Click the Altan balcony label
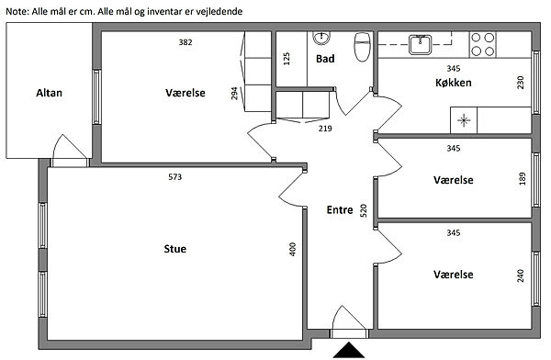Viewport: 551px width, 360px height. click(50, 93)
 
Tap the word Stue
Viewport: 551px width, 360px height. click(175, 249)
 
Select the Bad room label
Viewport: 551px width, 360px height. click(325, 59)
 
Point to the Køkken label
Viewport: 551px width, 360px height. click(454, 83)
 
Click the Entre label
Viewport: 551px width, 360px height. click(340, 210)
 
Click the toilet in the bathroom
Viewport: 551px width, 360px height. click(363, 47)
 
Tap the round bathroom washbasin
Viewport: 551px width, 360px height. click(321, 38)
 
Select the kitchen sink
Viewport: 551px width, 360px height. click(420, 45)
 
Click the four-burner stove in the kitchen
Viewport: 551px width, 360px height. click(482, 44)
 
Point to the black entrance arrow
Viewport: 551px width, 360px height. click(349, 350)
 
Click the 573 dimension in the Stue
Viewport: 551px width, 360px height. click(175, 177)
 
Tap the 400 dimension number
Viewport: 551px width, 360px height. click(293, 249)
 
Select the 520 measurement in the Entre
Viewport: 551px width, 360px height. click(364, 210)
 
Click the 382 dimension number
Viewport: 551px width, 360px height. click(186, 42)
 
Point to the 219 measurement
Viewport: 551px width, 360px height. click(325, 129)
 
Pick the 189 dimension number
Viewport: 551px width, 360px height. click(523, 178)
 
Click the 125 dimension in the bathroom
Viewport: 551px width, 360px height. click(287, 59)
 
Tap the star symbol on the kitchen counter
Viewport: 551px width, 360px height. click(464, 120)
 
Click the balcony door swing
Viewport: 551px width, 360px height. click(69, 146)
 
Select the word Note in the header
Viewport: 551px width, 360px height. click(17, 12)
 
